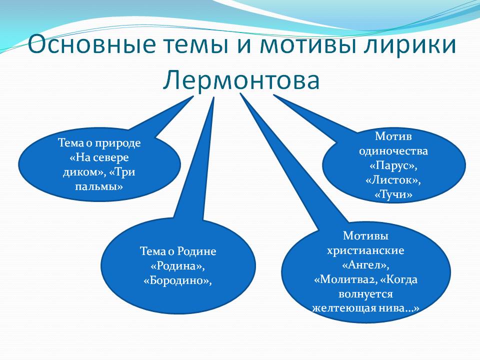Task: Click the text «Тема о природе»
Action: tap(99, 143)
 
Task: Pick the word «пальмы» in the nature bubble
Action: tap(99, 186)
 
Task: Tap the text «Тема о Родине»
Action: tap(178, 251)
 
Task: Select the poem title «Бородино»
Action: tap(178, 280)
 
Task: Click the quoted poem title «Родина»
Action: tap(178, 266)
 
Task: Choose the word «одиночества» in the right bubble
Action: tap(393, 151)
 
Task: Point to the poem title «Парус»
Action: tap(393, 165)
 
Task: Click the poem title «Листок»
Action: tap(393, 180)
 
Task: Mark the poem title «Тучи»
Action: tap(393, 194)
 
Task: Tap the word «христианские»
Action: tap(365, 250)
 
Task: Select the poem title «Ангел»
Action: tap(365, 265)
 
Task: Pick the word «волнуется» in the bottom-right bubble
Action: tap(365, 294)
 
